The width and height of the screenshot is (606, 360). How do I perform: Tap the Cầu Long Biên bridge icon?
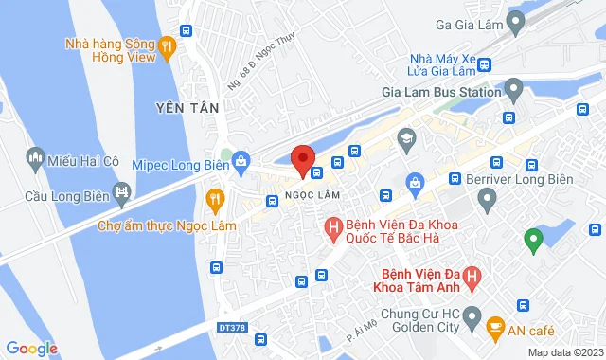[x=121, y=194]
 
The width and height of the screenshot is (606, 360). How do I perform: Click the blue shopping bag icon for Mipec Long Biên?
[x=241, y=161]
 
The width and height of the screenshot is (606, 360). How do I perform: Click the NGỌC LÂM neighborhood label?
[x=312, y=194]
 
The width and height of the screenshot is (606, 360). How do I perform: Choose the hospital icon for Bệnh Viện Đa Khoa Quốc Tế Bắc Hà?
[x=333, y=226]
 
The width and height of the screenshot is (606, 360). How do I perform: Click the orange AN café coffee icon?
[x=494, y=327]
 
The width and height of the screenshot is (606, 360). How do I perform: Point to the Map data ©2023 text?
[x=564, y=352]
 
